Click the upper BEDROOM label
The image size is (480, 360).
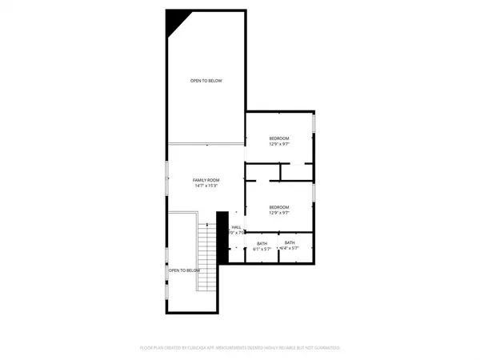tap(278, 138)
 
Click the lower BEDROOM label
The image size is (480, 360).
tap(278, 207)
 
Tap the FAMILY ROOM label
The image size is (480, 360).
tap(206, 180)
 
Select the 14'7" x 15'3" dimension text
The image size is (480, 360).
tap(206, 186)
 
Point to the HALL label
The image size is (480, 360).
tap(237, 227)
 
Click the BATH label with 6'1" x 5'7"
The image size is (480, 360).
tap(262, 243)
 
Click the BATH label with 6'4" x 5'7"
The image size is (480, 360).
tap(290, 242)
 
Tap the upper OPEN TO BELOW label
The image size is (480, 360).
tap(206, 81)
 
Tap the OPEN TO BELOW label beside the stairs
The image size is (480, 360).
tap(183, 270)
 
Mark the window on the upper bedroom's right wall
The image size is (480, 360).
tap(314, 124)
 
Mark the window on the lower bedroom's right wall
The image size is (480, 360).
tap(314, 194)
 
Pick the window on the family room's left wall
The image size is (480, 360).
tap(167, 170)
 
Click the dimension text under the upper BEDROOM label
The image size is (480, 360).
tap(278, 144)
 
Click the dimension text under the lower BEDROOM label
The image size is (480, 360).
tap(278, 213)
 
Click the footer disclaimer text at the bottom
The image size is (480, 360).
tap(240, 348)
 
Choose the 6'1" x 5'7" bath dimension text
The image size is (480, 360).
tap(262, 249)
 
